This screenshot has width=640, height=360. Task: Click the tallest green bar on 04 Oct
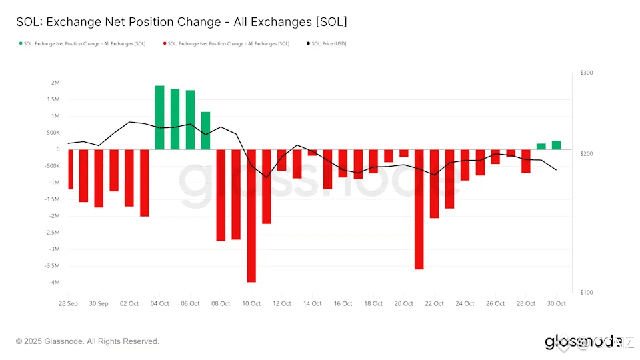pyautogui.click(x=160, y=117)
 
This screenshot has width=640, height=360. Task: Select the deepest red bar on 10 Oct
pyautogui.click(x=251, y=215)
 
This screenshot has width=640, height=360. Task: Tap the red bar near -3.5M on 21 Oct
pyautogui.click(x=419, y=209)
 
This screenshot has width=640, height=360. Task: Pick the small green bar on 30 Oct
pyautogui.click(x=556, y=145)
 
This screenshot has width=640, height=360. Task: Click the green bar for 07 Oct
pyautogui.click(x=205, y=131)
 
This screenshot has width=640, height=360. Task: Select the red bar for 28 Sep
pyautogui.click(x=70, y=169)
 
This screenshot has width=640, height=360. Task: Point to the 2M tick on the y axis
pyautogui.click(x=55, y=83)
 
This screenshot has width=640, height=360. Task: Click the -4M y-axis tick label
pyautogui.click(x=53, y=283)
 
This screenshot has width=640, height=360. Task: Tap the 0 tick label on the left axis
pyautogui.click(x=58, y=149)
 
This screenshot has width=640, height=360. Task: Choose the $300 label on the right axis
pyautogui.click(x=586, y=73)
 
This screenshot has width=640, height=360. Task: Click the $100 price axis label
pyautogui.click(x=586, y=293)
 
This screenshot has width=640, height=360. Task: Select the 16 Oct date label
pyautogui.click(x=343, y=304)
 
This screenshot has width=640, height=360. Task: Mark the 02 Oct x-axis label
pyautogui.click(x=129, y=304)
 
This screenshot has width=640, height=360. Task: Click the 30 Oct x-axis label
pyautogui.click(x=556, y=304)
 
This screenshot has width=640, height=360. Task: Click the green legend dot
pyautogui.click(x=20, y=44)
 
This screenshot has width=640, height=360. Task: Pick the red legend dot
pyautogui.click(x=165, y=44)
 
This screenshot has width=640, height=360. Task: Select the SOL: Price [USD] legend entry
pyautogui.click(x=329, y=44)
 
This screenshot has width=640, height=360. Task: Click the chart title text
pyautogui.click(x=181, y=22)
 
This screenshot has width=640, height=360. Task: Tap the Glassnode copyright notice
pyautogui.click(x=87, y=341)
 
